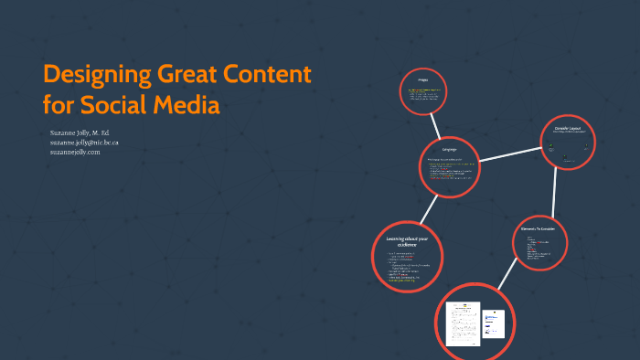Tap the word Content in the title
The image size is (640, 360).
[x=270, y=75]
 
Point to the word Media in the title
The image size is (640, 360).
[x=187, y=106]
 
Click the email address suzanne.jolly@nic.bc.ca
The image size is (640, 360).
[x=84, y=143]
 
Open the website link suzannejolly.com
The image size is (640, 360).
[x=75, y=152]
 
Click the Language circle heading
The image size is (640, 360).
[x=449, y=149]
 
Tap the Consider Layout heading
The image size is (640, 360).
[x=568, y=129]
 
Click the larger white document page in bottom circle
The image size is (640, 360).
[x=463, y=323]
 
